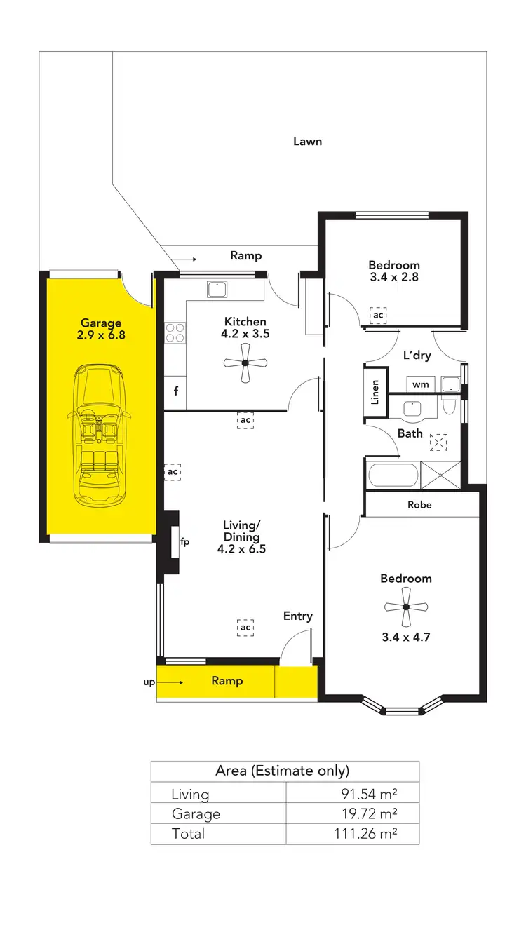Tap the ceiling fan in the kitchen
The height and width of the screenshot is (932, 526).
point(245,363)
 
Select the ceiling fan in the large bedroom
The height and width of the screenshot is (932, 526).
point(406,607)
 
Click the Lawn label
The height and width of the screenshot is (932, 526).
point(307,142)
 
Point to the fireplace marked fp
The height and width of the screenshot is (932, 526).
point(175,541)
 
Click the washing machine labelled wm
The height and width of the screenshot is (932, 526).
point(420,384)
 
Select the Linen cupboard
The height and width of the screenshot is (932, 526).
point(375,392)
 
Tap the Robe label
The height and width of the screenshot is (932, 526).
point(419,505)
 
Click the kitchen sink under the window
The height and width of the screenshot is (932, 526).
point(217,288)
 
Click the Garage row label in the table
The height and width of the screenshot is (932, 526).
point(196,813)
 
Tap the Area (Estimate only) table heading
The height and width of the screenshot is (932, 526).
point(282,771)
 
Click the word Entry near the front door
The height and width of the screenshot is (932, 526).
point(297,616)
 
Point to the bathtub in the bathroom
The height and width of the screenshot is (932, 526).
point(391,475)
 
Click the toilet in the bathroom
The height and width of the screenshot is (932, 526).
point(450,406)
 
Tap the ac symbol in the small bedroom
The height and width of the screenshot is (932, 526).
point(378,316)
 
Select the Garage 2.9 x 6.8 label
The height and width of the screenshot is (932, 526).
point(100,329)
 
